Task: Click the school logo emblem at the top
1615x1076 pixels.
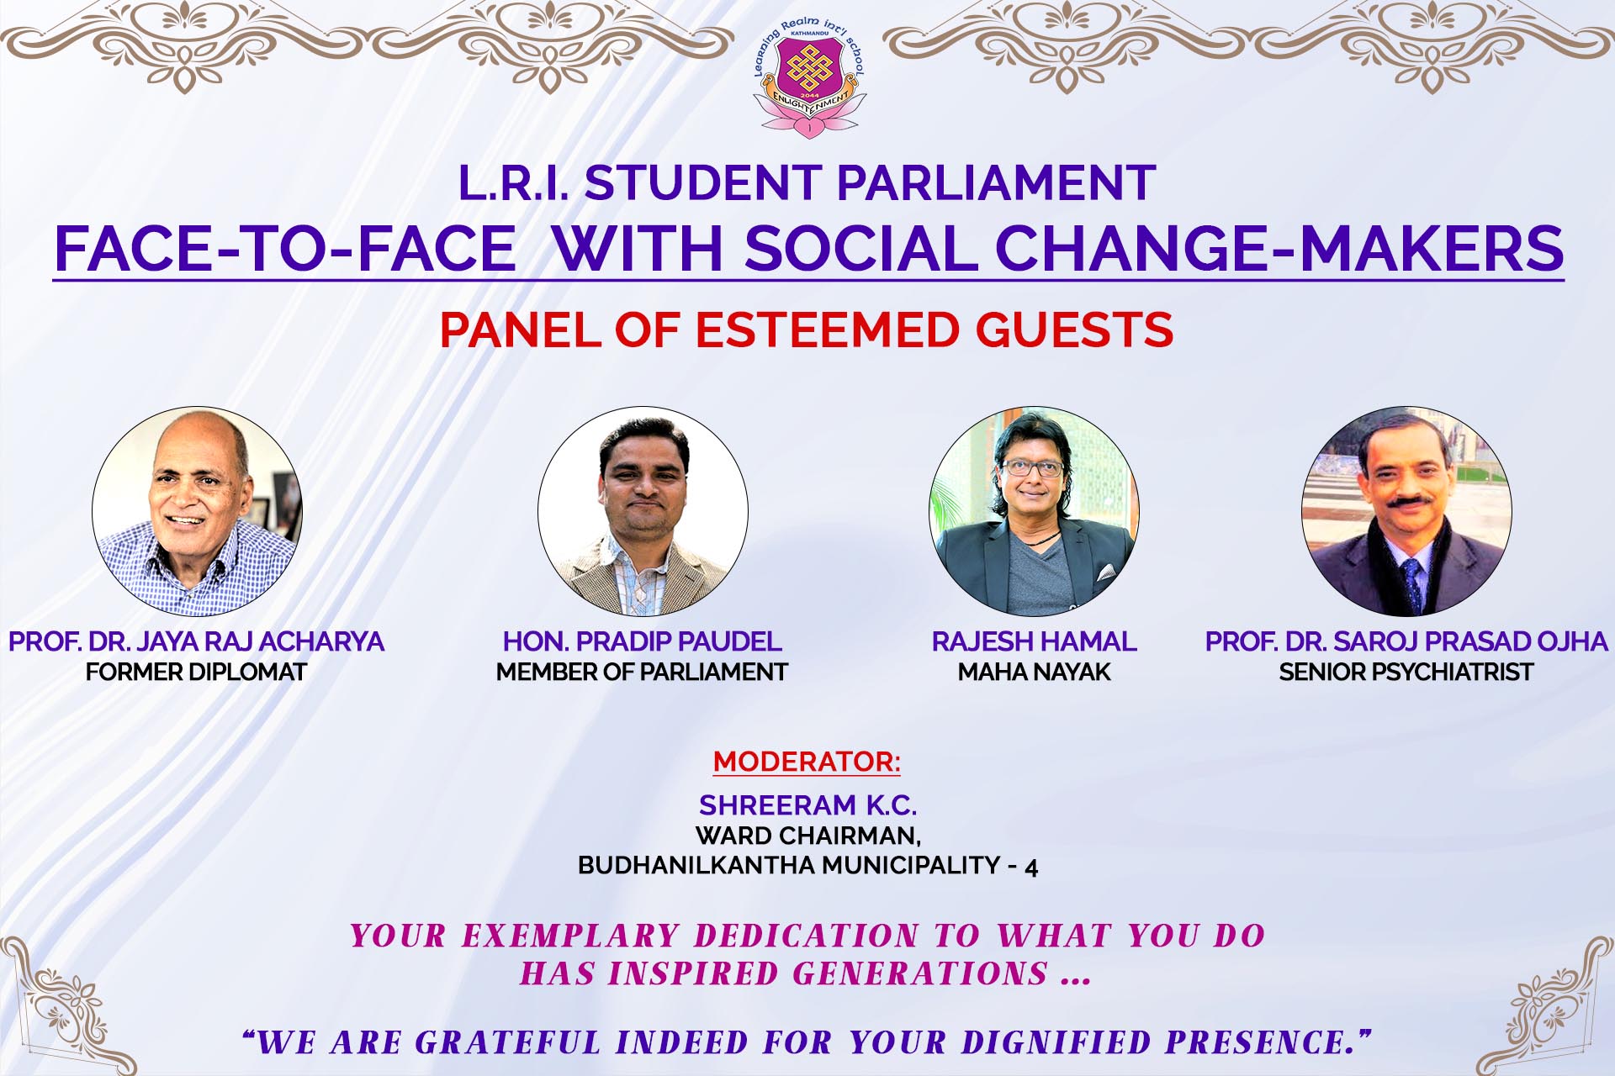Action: pyautogui.click(x=808, y=81)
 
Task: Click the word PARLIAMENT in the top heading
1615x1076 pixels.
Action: pyautogui.click(x=997, y=182)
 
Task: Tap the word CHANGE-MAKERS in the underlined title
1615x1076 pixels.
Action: pyautogui.click(x=1279, y=248)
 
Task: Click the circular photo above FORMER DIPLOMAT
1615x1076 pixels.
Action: pyautogui.click(x=197, y=511)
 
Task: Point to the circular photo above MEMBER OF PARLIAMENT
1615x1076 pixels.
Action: pyautogui.click(x=643, y=511)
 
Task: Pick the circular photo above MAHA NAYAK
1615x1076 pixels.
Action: pyautogui.click(x=1034, y=511)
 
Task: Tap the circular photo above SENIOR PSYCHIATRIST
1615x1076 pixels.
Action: pyautogui.click(x=1406, y=511)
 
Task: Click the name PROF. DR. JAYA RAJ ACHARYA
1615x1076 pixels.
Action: pyautogui.click(x=196, y=641)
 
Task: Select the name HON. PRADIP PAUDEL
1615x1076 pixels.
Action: pyautogui.click(x=642, y=641)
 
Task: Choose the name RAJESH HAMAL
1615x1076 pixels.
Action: pyautogui.click(x=1034, y=641)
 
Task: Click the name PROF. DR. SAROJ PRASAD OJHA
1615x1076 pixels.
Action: pyautogui.click(x=1406, y=641)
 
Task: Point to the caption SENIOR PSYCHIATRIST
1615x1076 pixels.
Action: pyautogui.click(x=1406, y=672)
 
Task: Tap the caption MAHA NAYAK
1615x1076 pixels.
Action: pyautogui.click(x=1034, y=672)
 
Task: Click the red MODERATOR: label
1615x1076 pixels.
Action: pyautogui.click(x=807, y=762)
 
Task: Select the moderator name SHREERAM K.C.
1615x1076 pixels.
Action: pyautogui.click(x=807, y=805)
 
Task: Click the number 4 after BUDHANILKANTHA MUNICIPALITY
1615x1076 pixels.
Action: pyautogui.click(x=1031, y=866)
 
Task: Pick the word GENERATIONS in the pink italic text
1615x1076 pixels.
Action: pyautogui.click(x=920, y=973)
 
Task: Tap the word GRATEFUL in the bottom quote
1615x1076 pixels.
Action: pyautogui.click(x=508, y=1042)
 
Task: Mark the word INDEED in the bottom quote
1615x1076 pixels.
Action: pyautogui.click(x=681, y=1042)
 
